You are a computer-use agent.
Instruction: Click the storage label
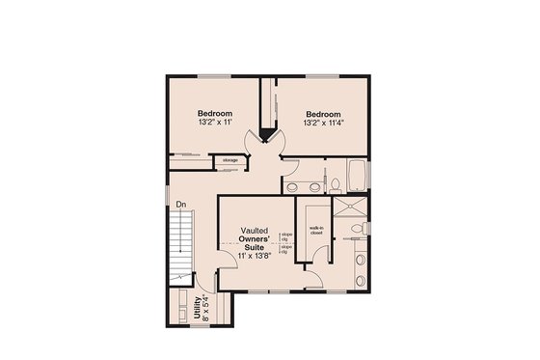pyautogui.click(x=230, y=160)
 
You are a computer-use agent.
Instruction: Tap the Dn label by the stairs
pyautogui.click(x=180, y=204)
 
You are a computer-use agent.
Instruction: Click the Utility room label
pyautogui.click(x=198, y=307)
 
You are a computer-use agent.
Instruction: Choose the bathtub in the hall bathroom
pyautogui.click(x=357, y=176)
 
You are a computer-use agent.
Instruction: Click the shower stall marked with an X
pyautogui.click(x=354, y=208)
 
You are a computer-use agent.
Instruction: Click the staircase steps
pyautogui.click(x=181, y=246)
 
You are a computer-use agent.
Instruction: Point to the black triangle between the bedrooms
pyautogui.click(x=266, y=135)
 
